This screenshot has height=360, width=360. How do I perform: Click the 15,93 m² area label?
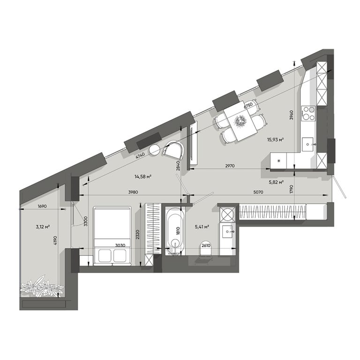[277, 139]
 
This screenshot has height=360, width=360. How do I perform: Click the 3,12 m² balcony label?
[43, 227]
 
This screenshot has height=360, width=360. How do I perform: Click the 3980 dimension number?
[122, 191]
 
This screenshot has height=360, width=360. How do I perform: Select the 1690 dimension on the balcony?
[43, 206]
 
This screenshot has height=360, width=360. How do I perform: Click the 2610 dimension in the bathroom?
[205, 245]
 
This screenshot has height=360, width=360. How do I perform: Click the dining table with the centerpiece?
[241, 121]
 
